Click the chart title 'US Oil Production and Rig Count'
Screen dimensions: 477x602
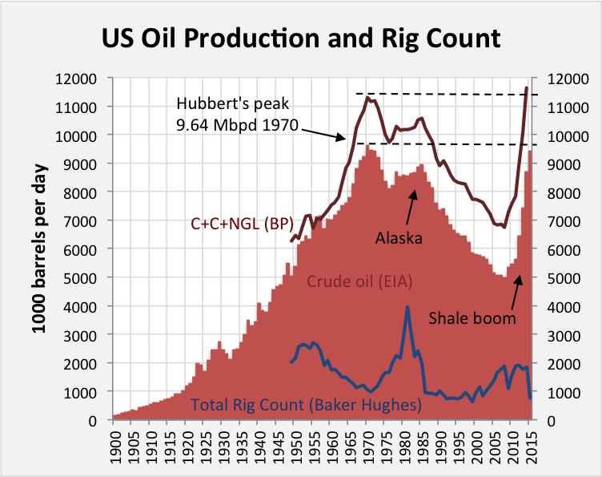(x=300, y=38)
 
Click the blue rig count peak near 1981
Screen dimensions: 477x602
(x=407, y=307)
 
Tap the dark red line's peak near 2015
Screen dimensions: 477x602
(x=526, y=87)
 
